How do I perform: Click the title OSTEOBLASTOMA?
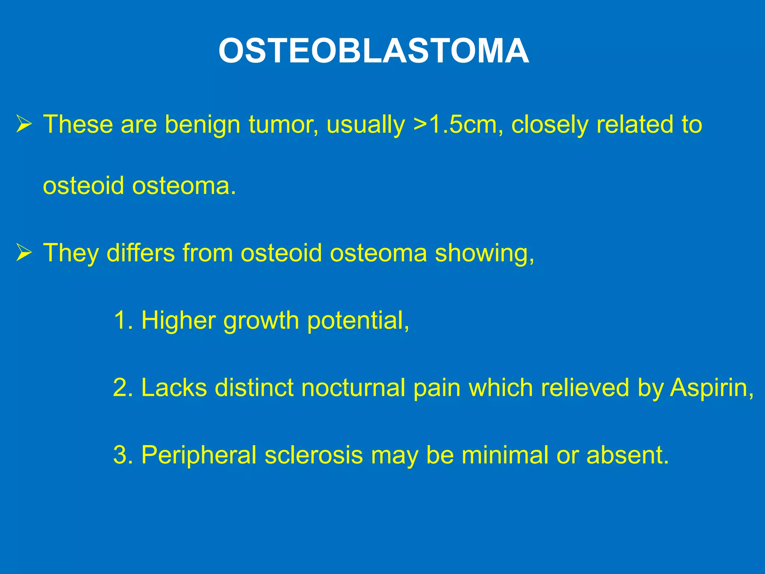pos(374,51)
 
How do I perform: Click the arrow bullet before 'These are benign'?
pos(24,124)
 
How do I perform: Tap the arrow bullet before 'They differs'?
pos(24,253)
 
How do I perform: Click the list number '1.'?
pos(123,320)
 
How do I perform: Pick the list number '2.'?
pos(123,388)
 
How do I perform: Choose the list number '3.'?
pos(123,455)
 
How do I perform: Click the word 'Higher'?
pos(179,321)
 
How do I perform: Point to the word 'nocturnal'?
pos(353,388)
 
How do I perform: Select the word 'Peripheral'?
pos(199,456)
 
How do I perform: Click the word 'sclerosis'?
pos(314,455)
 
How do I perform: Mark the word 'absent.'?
pos(628,455)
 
